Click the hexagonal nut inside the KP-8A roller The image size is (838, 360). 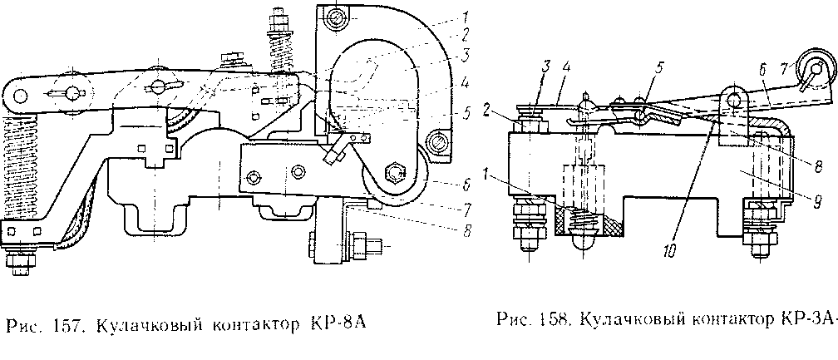394,172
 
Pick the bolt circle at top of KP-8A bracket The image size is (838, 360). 334,15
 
